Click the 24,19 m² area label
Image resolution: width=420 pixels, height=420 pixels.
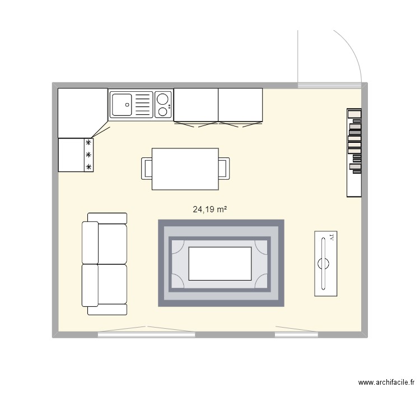tap(209, 210)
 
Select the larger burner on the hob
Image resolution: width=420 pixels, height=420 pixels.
tap(163, 100)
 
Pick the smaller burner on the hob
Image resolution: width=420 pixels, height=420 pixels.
tap(163, 111)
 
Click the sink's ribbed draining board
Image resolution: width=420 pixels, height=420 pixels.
tap(143, 105)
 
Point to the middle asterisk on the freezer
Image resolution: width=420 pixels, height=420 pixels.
tap(88, 155)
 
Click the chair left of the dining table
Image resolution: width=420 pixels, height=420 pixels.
tap(147, 169)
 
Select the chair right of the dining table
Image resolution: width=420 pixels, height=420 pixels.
tap(224, 169)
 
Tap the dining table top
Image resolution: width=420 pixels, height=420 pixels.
tap(185, 169)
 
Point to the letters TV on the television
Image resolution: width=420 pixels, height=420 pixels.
tap(332, 238)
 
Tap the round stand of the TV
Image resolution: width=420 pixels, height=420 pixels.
tap(323, 263)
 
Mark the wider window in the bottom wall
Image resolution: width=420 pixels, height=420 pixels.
tap(147, 334)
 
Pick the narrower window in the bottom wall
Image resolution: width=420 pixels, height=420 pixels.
tap(297, 334)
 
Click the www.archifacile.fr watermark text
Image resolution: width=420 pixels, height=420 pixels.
tap(386, 383)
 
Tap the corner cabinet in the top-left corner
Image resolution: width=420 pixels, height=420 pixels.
tap(82, 112)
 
